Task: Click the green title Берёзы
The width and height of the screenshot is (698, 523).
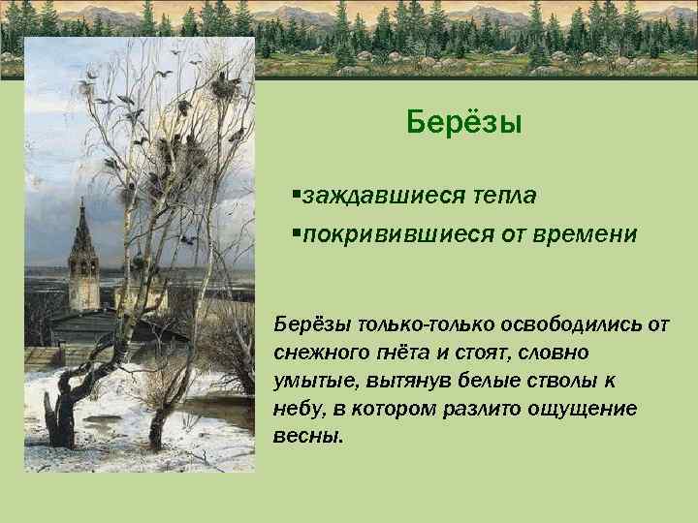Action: click(x=464, y=123)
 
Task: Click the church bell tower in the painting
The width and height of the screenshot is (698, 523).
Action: click(x=82, y=257)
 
